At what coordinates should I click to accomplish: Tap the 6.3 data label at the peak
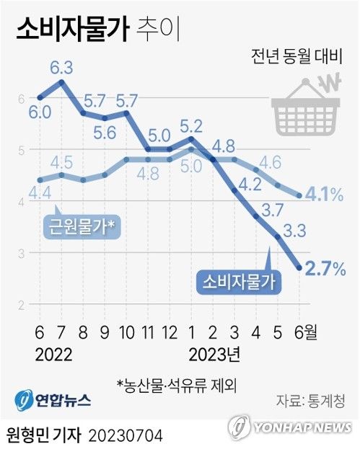click(x=61, y=68)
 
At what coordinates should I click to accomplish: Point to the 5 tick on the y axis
click(x=22, y=150)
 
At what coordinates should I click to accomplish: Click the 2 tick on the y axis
click(x=22, y=305)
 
